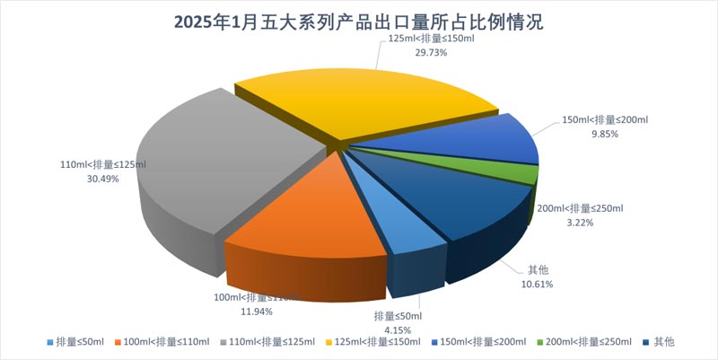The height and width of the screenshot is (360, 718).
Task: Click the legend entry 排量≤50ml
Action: (x=80, y=341)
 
